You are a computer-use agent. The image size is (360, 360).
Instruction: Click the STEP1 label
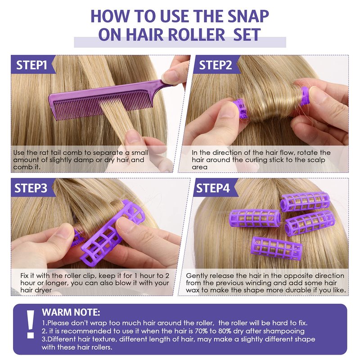tap(31, 65)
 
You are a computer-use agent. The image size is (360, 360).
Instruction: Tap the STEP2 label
tap(216, 65)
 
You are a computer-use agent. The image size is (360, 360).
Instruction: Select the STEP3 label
tap(31, 188)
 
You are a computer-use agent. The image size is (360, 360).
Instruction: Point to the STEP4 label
tap(213, 188)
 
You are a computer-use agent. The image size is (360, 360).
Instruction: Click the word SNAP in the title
tap(245, 16)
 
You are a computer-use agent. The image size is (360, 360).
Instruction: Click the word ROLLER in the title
tap(196, 35)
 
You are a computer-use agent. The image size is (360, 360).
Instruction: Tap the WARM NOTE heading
tap(71, 312)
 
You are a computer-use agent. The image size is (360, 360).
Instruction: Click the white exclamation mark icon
tap(30, 324)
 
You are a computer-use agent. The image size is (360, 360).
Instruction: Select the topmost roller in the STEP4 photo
tap(305, 201)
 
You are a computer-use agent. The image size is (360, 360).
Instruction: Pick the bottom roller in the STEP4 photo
tap(276, 248)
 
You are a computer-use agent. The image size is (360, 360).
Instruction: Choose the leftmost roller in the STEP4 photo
tap(255, 218)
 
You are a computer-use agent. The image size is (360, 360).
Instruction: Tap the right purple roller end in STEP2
tap(305, 96)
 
